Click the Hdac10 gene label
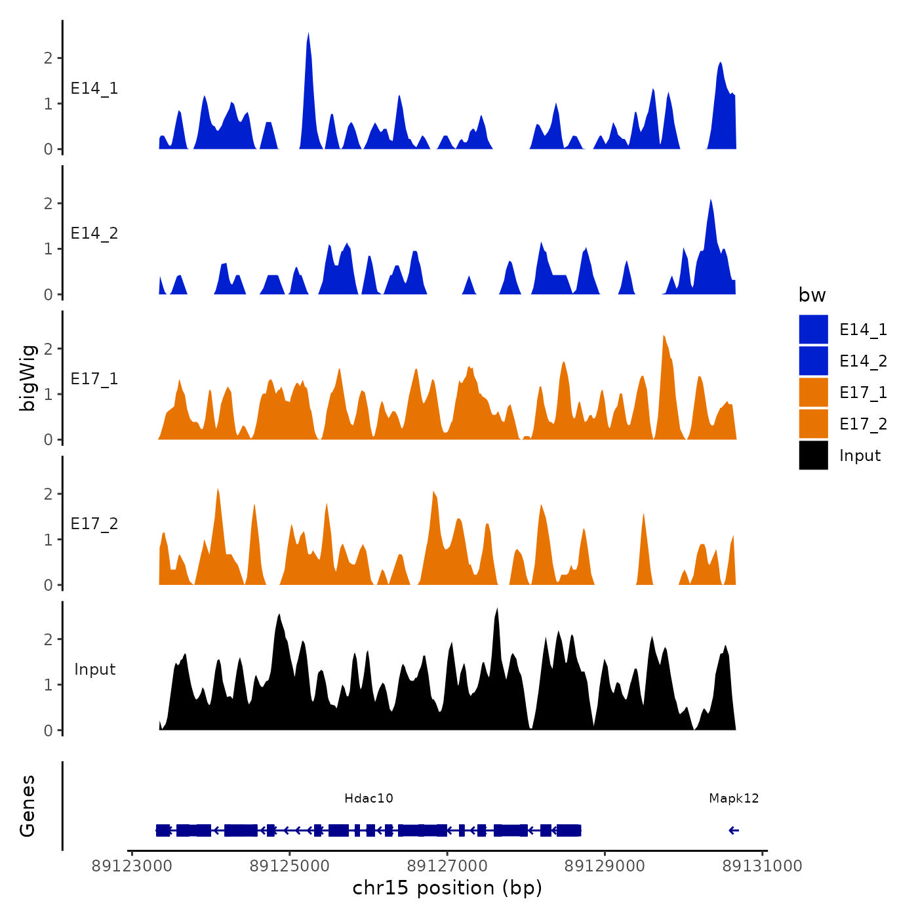click(x=369, y=798)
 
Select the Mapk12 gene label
click(x=734, y=798)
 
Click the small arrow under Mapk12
click(x=734, y=831)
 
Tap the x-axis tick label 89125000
click(x=290, y=866)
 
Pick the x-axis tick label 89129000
click(x=605, y=866)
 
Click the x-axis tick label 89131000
click(x=762, y=866)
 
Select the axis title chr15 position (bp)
click(x=447, y=888)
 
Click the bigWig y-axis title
click(x=28, y=378)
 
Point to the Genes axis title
click(x=28, y=806)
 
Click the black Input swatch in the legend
click(x=813, y=455)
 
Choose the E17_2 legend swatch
click(x=813, y=424)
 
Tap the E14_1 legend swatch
click(x=813, y=329)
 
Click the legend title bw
click(x=812, y=295)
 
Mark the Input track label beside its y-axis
click(x=94, y=669)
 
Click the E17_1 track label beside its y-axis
click(x=94, y=379)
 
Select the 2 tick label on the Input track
click(x=49, y=639)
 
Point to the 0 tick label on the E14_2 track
click(x=49, y=295)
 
